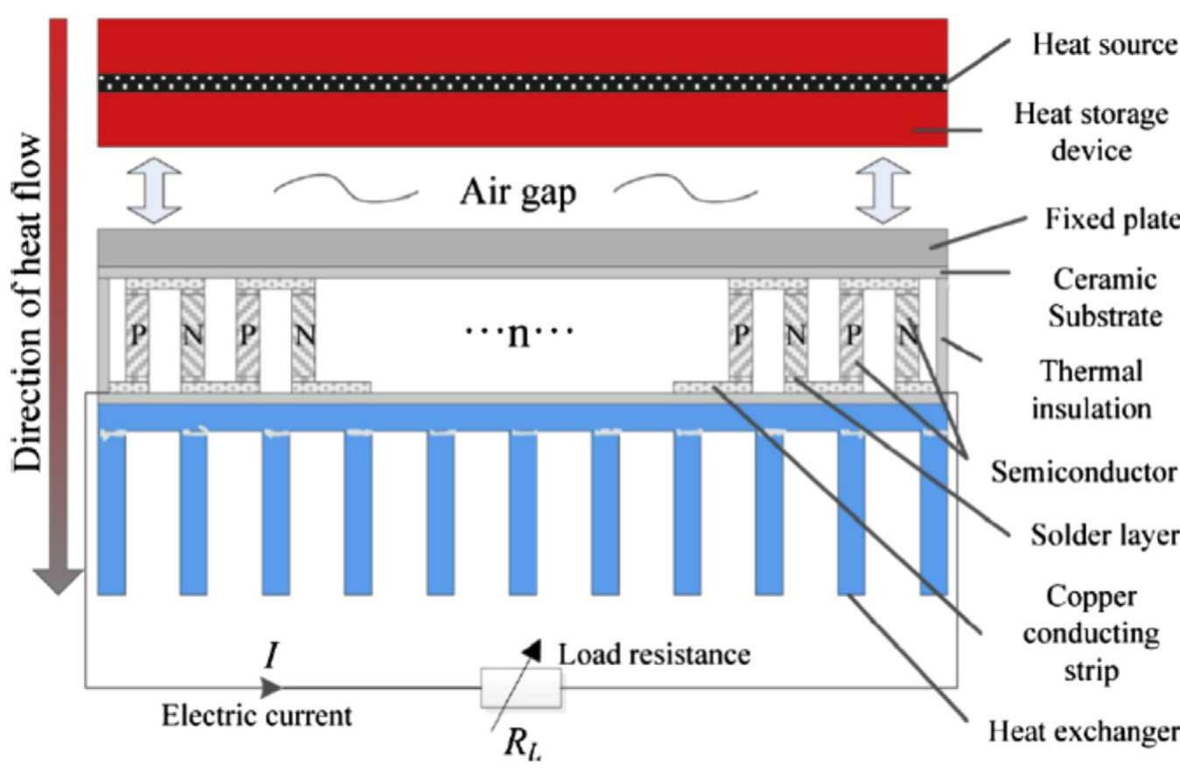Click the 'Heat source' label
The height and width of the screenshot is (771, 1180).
1105,44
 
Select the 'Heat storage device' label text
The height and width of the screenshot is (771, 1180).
1090,131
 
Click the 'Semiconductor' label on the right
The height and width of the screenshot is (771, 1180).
1084,473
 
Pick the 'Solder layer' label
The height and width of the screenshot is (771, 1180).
1103,533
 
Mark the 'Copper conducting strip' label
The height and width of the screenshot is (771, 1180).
1105,634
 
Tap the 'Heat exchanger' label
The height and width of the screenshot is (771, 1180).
1083,731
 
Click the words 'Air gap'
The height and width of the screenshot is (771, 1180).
518,192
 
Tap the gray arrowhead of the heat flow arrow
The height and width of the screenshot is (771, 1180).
58,580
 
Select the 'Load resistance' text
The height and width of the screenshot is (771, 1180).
654,654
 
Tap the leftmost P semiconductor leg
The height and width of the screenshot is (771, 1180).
137,335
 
